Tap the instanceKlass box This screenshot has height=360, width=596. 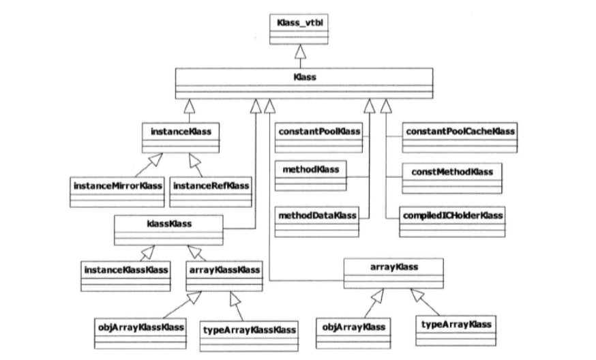click(181, 136)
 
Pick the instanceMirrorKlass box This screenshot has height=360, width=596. click(117, 191)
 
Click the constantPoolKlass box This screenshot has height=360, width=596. click(318, 136)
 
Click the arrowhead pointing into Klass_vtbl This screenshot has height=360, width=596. click(297, 51)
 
